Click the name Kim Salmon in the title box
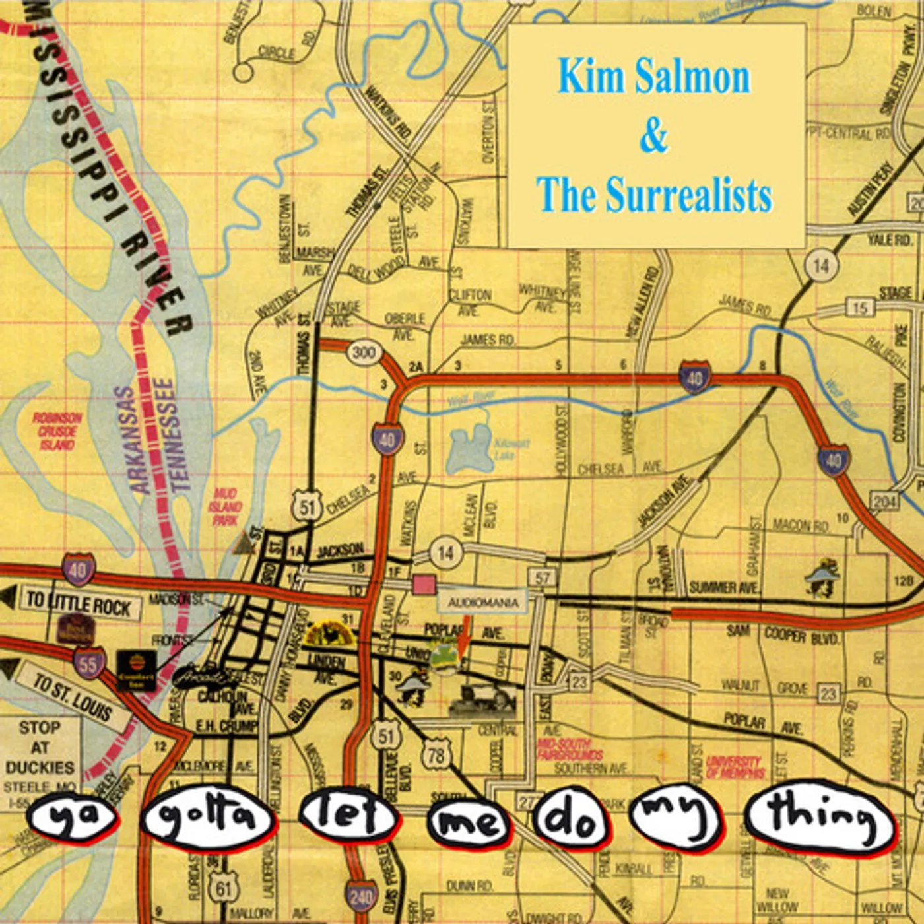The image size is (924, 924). point(654,78)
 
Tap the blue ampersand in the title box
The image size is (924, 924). point(654,136)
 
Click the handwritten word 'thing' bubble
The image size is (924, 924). point(821,818)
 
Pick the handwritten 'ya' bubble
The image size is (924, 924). point(73,817)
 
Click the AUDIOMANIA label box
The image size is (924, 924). point(484,602)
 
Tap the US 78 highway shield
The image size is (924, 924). point(436,755)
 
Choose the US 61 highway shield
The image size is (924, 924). point(223,888)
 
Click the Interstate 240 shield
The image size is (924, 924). point(361,896)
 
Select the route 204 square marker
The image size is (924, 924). point(884,502)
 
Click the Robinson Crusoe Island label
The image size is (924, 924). point(57,432)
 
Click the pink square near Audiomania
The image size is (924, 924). point(423,585)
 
